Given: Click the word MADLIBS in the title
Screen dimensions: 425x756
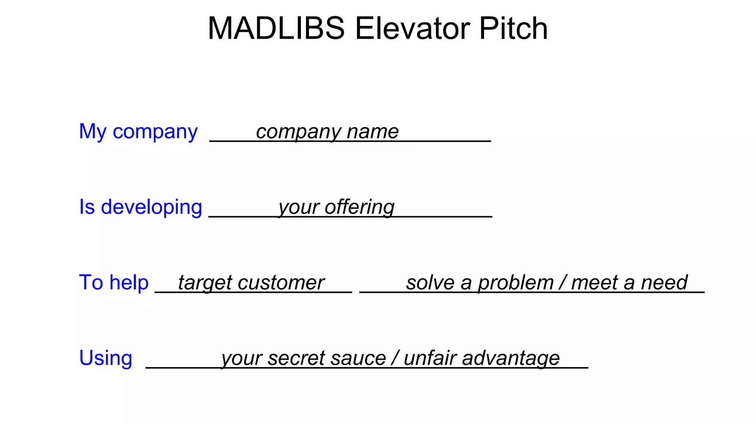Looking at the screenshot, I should tap(276, 28).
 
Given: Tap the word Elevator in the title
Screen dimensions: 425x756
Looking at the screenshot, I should tap(412, 28).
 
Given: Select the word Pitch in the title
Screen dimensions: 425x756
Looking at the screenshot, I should tap(513, 28).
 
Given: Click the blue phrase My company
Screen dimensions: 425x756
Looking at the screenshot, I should tap(138, 132).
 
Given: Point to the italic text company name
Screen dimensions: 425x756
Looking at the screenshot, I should tap(327, 132).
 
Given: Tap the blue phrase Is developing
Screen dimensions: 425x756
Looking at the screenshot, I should tap(141, 207).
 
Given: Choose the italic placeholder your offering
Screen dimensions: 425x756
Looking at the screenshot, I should tap(336, 207).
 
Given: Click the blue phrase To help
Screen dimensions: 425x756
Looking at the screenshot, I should tap(114, 283).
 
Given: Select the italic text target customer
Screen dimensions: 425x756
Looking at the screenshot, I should tap(251, 283).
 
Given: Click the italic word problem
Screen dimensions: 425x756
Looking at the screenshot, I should tap(516, 283).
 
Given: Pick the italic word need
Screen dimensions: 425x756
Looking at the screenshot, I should tap(664, 283).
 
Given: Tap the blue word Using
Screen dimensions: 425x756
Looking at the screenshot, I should tap(106, 358).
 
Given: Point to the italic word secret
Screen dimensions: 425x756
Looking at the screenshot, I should tap(290, 358).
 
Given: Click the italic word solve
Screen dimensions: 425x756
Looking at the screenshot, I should tap(430, 283).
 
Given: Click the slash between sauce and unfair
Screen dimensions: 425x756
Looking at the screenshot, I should tap(395, 358).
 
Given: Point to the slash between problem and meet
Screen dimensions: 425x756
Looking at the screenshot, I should tap(563, 283).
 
